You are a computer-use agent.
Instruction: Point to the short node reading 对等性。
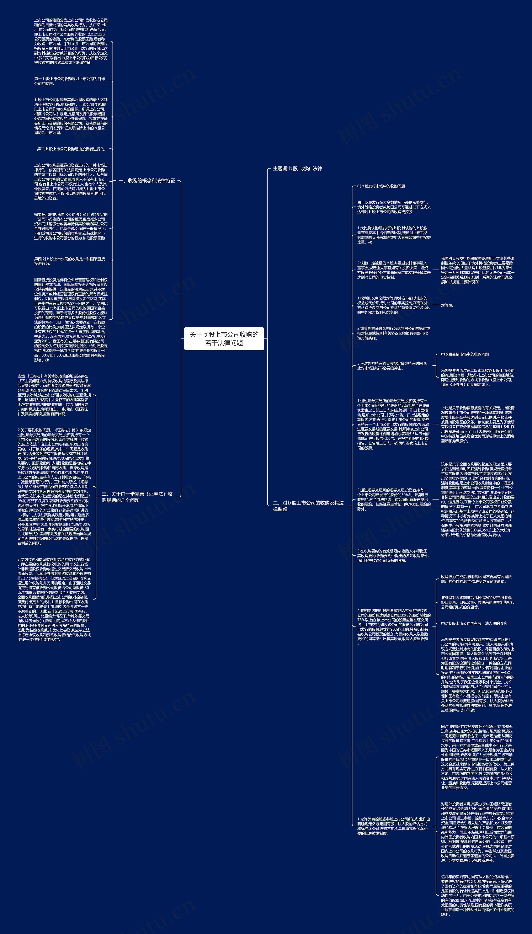click(x=447, y=305)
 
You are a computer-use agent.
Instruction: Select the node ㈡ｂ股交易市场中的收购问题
click(x=465, y=354)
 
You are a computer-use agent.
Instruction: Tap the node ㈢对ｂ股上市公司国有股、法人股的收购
click(x=474, y=623)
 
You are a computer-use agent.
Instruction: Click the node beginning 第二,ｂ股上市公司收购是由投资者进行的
click(x=71, y=149)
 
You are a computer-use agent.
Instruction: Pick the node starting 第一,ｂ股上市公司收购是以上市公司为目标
click(x=69, y=81)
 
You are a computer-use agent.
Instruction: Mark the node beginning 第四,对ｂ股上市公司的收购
click(x=69, y=261)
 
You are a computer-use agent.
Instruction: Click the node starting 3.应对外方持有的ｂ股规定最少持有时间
click(x=392, y=366)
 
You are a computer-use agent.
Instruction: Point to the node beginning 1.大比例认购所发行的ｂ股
click(x=394, y=235)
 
